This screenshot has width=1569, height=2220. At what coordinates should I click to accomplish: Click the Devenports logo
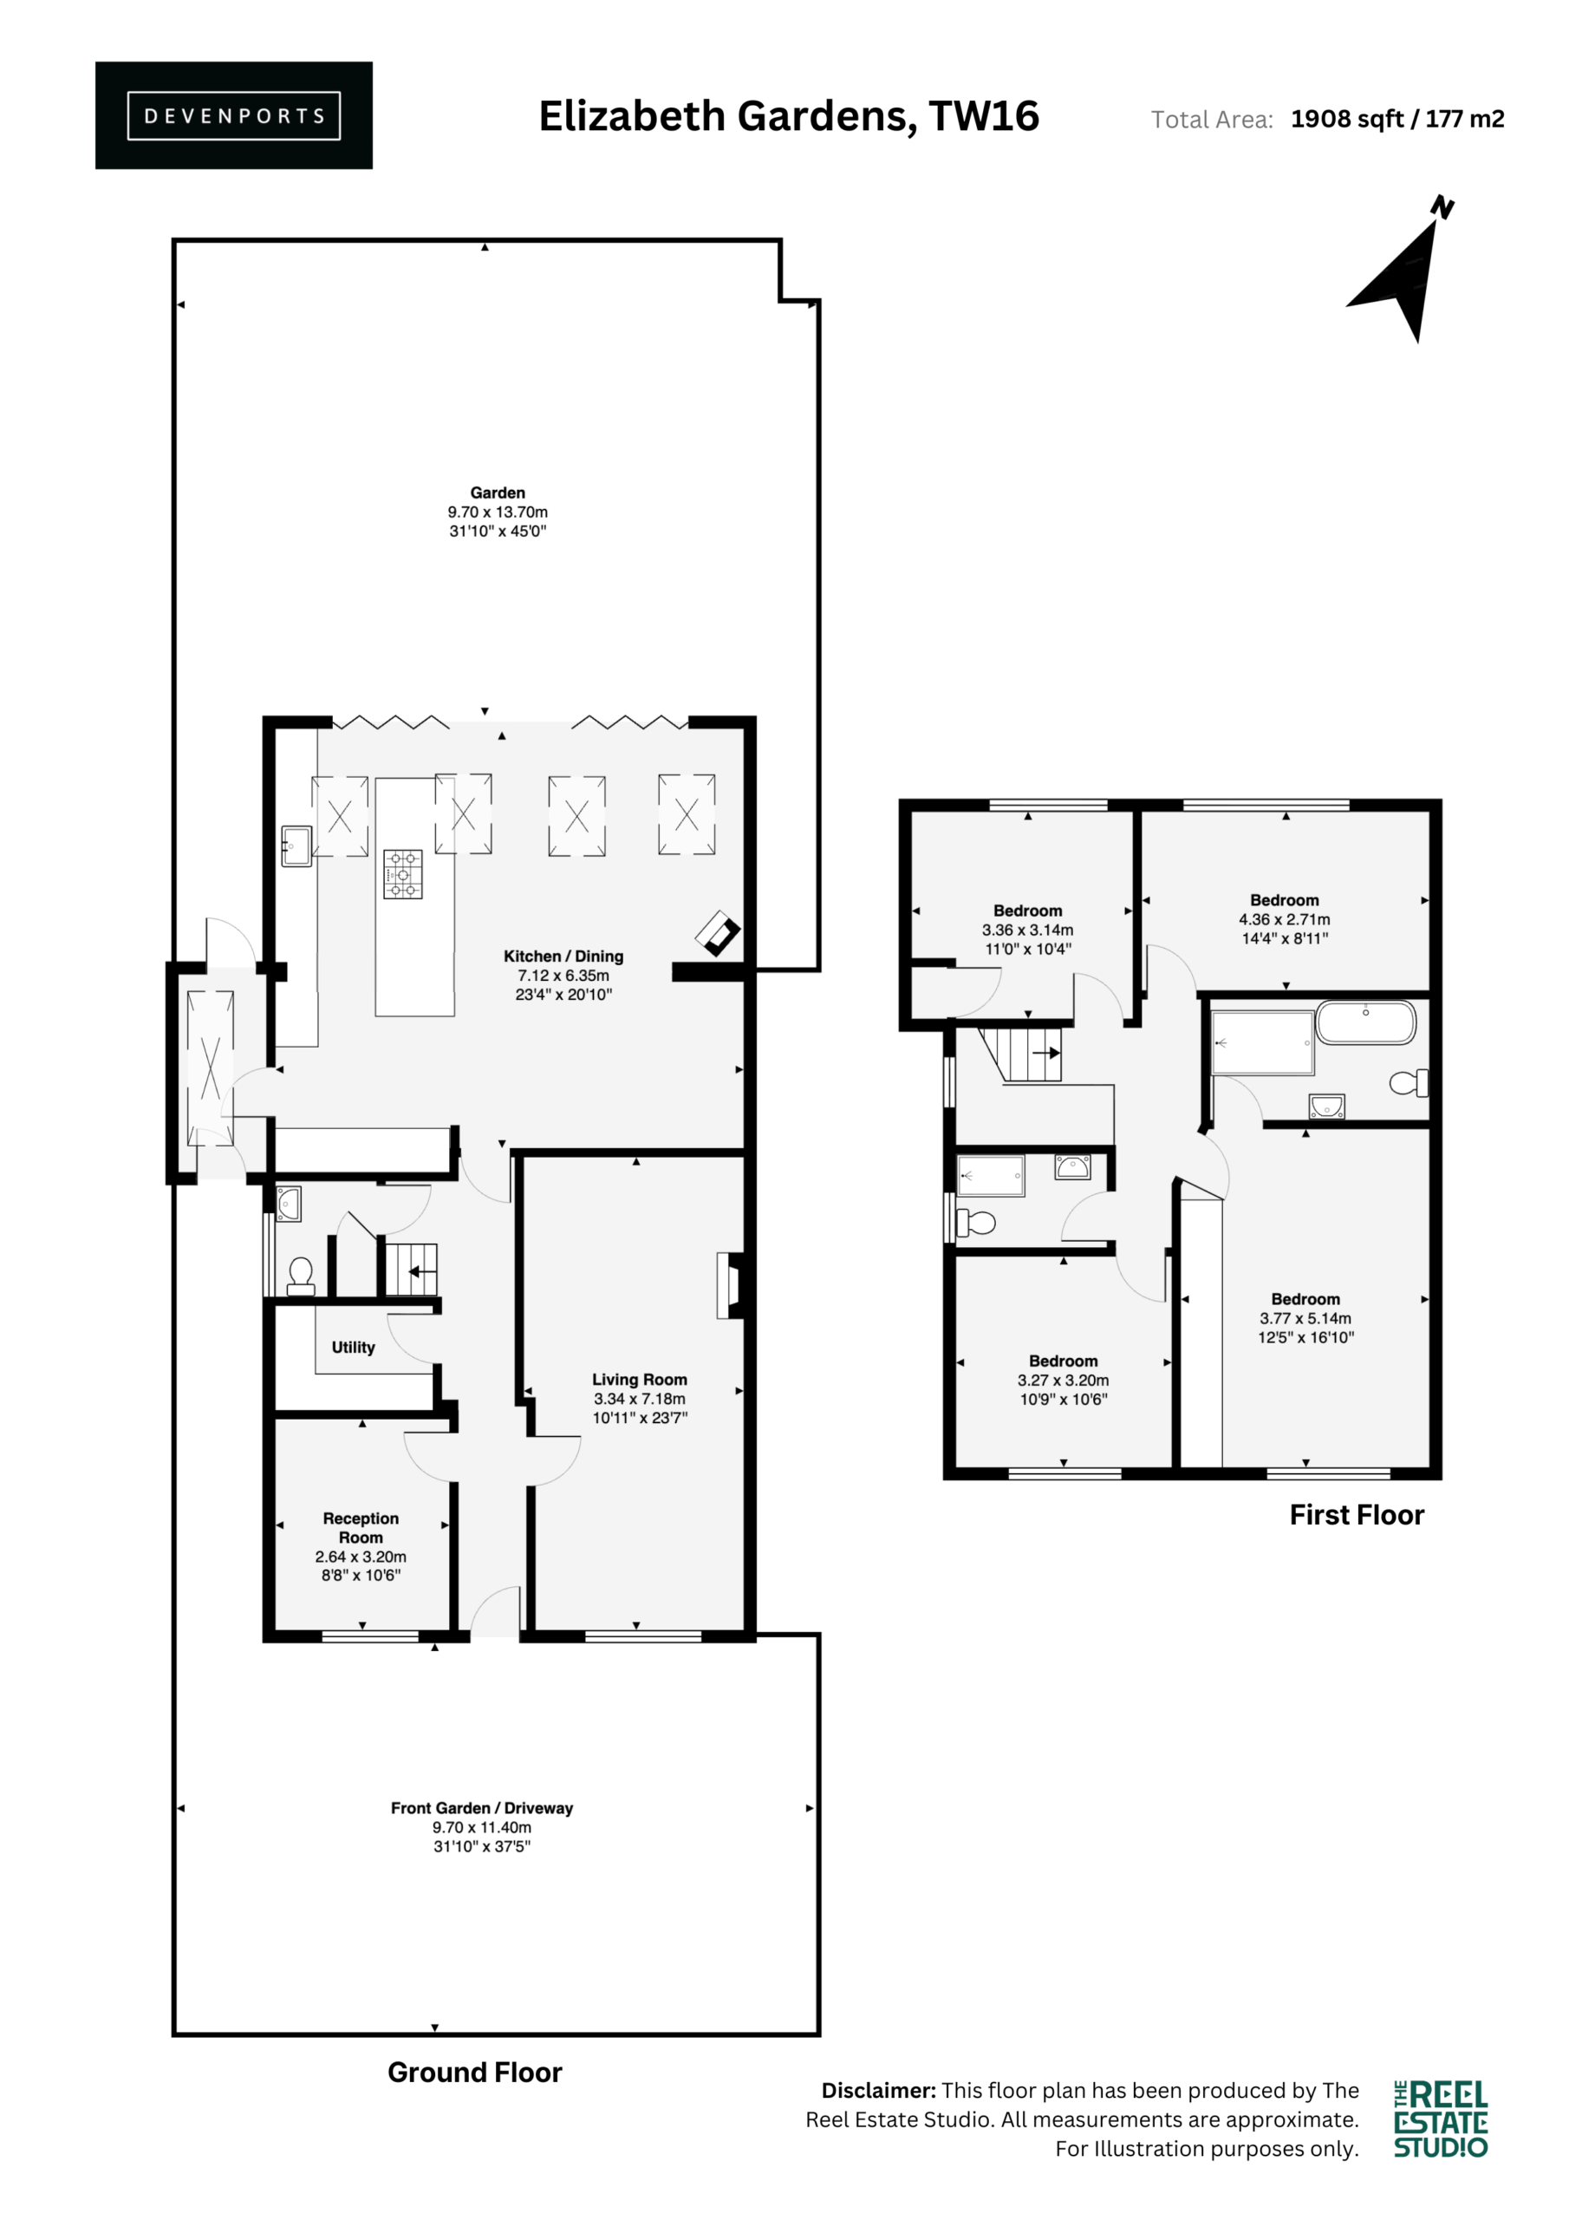pos(234,115)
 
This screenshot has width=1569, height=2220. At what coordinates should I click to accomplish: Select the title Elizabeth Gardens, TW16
pos(789,116)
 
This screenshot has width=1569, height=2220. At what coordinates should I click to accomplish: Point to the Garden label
pos(498,493)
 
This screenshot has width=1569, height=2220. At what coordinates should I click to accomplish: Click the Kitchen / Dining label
pos(563,957)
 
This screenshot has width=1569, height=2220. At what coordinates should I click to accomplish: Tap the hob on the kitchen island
pos(403,874)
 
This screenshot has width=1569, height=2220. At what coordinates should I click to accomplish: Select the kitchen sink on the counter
pos(296,846)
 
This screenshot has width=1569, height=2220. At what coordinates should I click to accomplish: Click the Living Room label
pos(640,1380)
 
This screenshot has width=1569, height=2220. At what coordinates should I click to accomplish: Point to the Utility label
pos(353,1347)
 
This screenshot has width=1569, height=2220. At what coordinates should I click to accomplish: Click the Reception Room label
pos(361,1528)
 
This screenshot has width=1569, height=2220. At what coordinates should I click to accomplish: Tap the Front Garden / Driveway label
pos(481,1808)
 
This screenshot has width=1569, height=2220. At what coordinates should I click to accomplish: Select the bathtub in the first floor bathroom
pos(1366,1022)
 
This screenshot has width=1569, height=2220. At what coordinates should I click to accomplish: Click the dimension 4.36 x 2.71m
pos(1285,919)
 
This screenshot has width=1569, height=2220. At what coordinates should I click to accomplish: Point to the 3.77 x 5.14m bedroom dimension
pos(1305,1318)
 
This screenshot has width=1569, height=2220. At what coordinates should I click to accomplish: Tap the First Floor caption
pos(1357,1515)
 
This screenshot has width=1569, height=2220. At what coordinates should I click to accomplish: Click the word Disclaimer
pos(879,2091)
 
